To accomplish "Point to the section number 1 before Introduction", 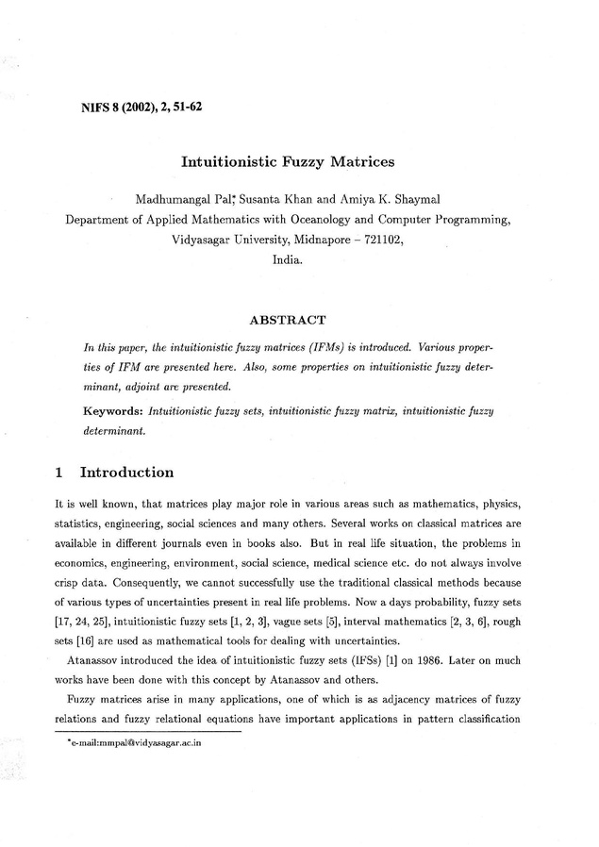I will (59, 472).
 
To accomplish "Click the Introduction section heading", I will (127, 472).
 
